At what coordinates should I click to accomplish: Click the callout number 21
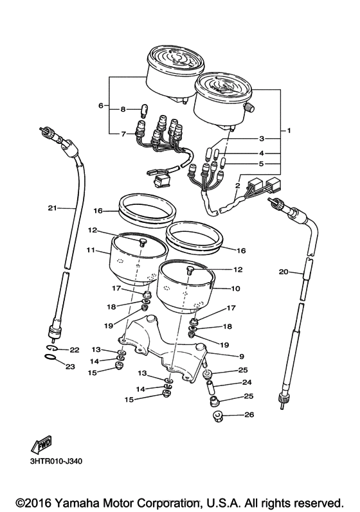(53, 207)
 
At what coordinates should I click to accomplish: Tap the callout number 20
(283, 271)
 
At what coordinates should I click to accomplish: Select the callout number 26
(249, 415)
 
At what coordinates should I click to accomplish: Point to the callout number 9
(242, 357)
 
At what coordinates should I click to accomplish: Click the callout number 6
(101, 105)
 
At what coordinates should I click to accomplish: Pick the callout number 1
(289, 130)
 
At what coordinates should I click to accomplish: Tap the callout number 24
(247, 382)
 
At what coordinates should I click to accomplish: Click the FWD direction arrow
(42, 445)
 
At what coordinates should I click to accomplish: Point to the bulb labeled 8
(143, 110)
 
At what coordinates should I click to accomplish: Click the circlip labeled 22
(51, 348)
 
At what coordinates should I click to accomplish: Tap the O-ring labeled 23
(50, 357)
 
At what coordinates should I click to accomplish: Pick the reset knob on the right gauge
(251, 107)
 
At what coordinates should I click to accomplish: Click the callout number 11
(91, 250)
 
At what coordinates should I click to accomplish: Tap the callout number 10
(235, 288)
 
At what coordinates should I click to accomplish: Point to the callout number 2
(237, 186)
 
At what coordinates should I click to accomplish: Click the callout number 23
(70, 367)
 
